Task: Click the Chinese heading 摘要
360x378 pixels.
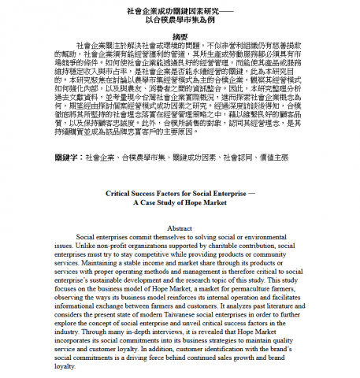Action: pos(180,35)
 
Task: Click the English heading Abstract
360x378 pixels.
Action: pos(180,228)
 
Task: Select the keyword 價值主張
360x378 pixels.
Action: pos(276,158)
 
